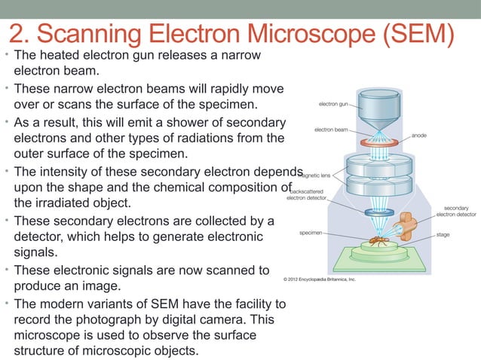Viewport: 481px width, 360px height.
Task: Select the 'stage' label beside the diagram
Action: pos(444,234)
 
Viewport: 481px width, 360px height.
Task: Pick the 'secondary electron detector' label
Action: pos(456,210)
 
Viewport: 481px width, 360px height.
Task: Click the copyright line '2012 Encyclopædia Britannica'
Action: pos(319,279)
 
